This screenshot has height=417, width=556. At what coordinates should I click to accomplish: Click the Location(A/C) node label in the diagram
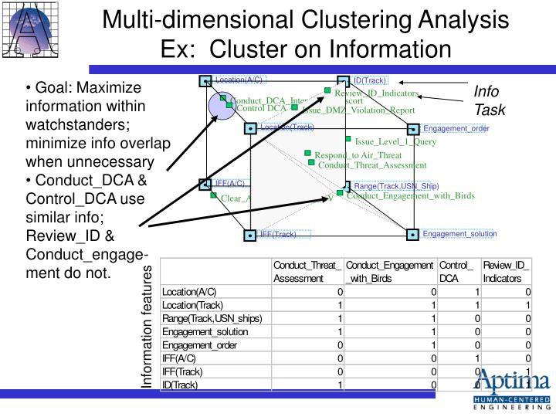(x=239, y=80)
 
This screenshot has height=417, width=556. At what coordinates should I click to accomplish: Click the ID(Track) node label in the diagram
(x=370, y=80)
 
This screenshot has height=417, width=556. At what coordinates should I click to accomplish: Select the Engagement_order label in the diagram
(x=456, y=128)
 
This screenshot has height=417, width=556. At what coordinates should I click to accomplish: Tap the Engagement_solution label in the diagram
(x=459, y=233)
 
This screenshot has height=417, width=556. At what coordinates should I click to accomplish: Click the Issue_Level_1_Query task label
(x=395, y=141)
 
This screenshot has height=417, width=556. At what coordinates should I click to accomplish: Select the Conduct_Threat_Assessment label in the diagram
(x=372, y=164)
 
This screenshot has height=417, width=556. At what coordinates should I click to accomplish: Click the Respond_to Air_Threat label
(x=358, y=154)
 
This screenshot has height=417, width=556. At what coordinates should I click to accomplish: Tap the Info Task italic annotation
(x=489, y=100)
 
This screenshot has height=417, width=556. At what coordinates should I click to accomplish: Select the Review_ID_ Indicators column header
(x=507, y=271)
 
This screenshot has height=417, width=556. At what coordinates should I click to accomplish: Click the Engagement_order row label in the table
(x=199, y=345)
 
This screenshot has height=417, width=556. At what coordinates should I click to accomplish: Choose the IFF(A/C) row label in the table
(x=181, y=358)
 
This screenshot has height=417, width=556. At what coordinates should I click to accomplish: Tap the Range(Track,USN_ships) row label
(x=212, y=318)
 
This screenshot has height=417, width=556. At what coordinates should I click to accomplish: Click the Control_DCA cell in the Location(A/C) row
(x=457, y=292)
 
